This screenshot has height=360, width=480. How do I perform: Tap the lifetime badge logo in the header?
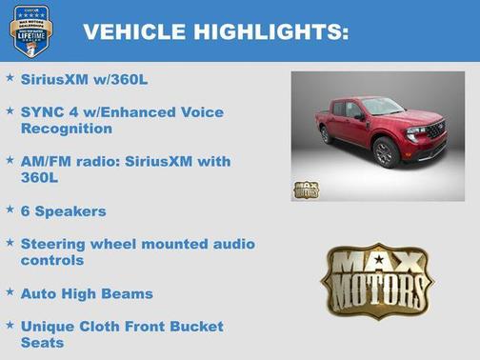click(x=30, y=30)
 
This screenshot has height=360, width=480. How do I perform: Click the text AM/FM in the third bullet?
click(x=45, y=162)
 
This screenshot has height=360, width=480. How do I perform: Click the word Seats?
click(x=43, y=343)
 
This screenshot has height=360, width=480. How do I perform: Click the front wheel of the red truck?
click(x=386, y=153)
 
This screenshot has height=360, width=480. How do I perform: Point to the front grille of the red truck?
click(x=433, y=129)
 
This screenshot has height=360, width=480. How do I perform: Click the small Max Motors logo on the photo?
click(x=306, y=189)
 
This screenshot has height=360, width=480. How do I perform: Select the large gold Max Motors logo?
click(x=377, y=279)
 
